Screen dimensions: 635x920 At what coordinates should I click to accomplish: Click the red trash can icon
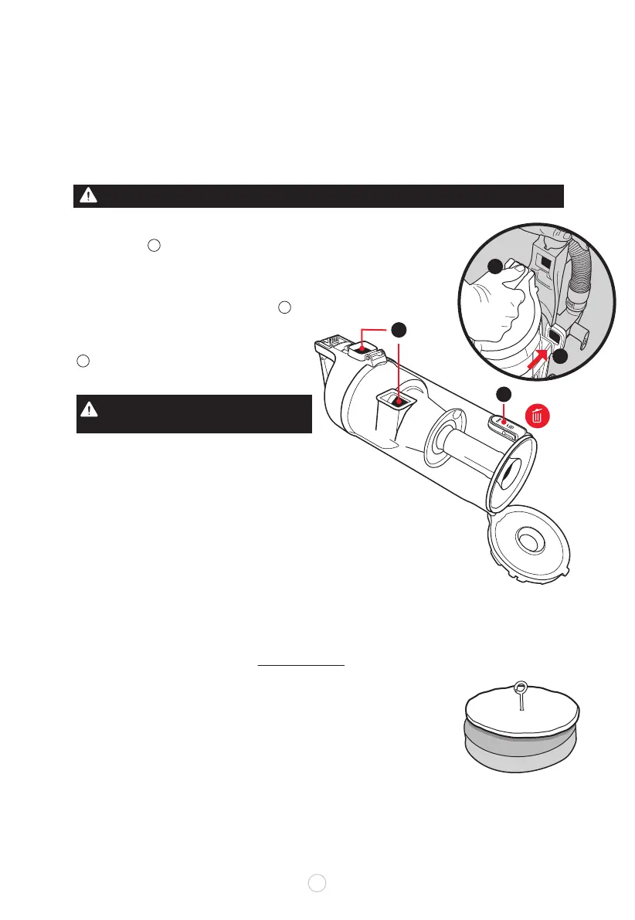tap(538, 416)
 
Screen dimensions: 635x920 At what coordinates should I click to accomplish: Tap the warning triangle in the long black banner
tap(91, 196)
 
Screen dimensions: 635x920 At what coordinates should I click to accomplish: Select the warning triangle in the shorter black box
tap(91, 410)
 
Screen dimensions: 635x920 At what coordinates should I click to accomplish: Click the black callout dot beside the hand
tap(494, 267)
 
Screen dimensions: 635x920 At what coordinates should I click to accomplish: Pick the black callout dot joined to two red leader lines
tap(397, 330)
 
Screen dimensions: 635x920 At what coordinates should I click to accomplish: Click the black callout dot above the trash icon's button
tap(503, 393)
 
